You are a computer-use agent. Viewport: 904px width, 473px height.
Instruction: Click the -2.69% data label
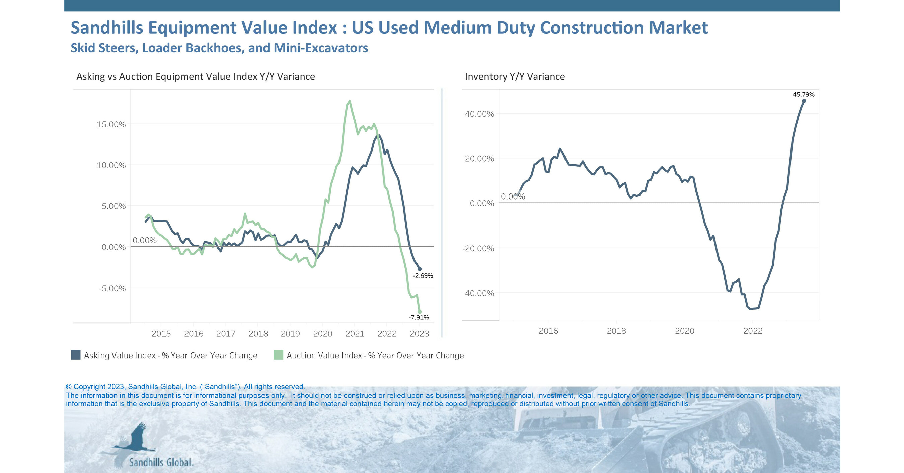423,276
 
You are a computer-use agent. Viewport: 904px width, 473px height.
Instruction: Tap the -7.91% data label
419,318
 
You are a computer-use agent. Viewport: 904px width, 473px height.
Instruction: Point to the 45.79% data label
803,95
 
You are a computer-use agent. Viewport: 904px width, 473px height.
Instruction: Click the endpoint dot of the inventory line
804,101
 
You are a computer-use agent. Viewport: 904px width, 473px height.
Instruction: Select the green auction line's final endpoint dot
420,312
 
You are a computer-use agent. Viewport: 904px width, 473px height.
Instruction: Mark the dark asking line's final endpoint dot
420,269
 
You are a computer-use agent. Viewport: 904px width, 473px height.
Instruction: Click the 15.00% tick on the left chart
111,124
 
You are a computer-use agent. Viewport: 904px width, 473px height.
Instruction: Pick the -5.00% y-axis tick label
112,289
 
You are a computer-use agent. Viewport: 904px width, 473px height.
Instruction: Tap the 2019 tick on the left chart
290,334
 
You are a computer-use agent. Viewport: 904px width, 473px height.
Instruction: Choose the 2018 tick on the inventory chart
616,331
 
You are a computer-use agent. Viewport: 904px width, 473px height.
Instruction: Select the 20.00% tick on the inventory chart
479,159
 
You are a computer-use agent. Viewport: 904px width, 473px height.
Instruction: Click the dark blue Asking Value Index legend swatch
76,355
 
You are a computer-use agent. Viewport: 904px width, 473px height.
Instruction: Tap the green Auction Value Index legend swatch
278,355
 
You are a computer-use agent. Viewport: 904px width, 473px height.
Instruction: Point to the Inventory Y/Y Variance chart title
515,77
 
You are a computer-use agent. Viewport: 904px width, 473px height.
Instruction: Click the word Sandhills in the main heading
107,28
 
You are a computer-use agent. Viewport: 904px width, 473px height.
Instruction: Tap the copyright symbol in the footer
69,387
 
